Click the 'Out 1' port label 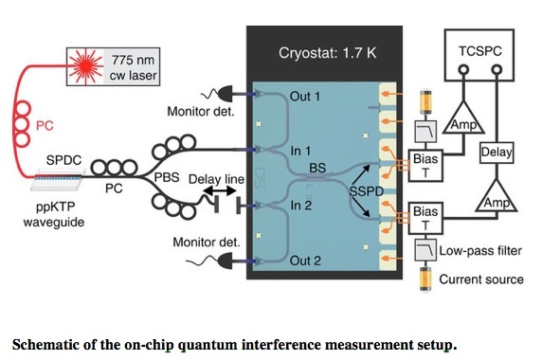(x=301, y=95)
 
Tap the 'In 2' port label (x=300, y=205)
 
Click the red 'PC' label (x=45, y=125)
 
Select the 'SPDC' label (x=63, y=161)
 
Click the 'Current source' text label (x=480, y=279)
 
